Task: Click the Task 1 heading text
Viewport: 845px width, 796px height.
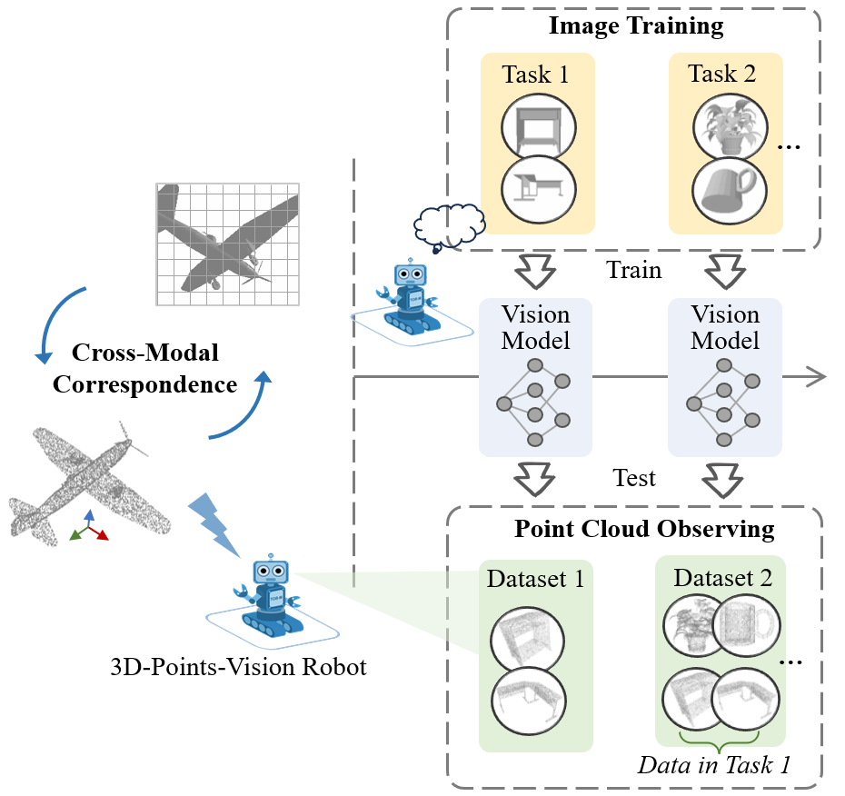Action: click(536, 74)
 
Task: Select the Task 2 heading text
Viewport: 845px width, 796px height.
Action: click(722, 74)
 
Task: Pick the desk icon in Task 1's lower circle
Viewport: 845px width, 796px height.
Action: click(538, 188)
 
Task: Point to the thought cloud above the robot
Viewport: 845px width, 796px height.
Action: click(449, 224)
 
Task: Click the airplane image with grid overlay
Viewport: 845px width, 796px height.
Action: click(227, 244)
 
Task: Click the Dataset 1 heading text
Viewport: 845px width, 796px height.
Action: click(535, 578)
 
